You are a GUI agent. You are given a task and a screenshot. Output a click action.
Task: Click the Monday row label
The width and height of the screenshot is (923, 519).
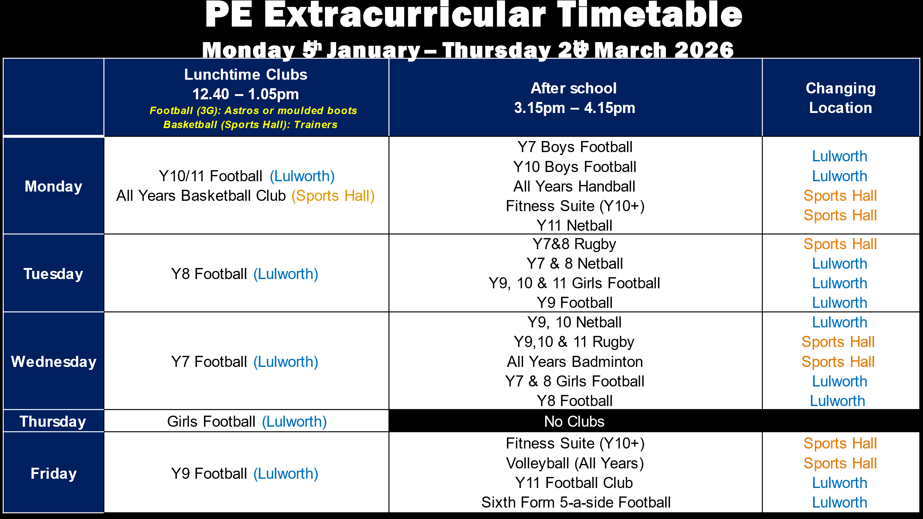pyautogui.click(x=54, y=186)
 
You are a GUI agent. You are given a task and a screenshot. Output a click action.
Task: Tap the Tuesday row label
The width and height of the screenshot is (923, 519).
pyautogui.click(x=54, y=274)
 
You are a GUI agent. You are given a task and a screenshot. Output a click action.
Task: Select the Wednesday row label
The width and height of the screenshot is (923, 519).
pyautogui.click(x=54, y=362)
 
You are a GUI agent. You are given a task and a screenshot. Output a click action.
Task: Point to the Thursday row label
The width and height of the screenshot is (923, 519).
pyautogui.click(x=53, y=422)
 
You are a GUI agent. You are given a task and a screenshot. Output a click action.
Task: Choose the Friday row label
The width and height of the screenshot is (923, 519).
pyautogui.click(x=54, y=474)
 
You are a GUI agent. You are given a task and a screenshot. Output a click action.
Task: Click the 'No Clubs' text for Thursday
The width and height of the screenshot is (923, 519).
pyautogui.click(x=574, y=422)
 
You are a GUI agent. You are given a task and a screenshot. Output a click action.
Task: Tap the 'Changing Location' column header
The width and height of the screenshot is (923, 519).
pyautogui.click(x=841, y=98)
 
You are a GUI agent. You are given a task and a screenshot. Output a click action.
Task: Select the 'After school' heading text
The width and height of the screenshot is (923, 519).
pyautogui.click(x=574, y=88)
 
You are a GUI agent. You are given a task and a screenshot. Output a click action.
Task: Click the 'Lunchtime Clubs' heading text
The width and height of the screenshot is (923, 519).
pyautogui.click(x=246, y=75)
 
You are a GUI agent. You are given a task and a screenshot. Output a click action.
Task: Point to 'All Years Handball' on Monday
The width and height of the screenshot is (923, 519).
pyautogui.click(x=574, y=186)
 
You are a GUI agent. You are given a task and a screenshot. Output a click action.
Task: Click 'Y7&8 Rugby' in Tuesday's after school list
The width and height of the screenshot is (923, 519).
pyautogui.click(x=574, y=244)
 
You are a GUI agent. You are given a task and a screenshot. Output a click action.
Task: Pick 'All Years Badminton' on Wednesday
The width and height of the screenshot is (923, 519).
pyautogui.click(x=575, y=362)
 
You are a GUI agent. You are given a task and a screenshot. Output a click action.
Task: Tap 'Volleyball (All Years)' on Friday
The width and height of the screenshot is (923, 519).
pyautogui.click(x=575, y=463)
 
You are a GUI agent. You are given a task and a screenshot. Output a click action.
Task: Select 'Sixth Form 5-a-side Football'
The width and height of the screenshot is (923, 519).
pyautogui.click(x=576, y=502)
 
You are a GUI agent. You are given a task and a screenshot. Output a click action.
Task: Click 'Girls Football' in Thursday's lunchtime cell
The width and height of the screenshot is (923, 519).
pyautogui.click(x=211, y=422)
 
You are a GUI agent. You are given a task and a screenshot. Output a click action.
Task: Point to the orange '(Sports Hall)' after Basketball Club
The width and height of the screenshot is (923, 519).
pyautogui.click(x=333, y=196)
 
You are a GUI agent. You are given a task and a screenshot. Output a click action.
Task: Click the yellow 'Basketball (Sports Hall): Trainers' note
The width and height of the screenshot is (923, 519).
pyautogui.click(x=250, y=125)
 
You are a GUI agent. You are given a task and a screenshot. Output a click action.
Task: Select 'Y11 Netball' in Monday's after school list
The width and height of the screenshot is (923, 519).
pyautogui.click(x=574, y=226)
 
